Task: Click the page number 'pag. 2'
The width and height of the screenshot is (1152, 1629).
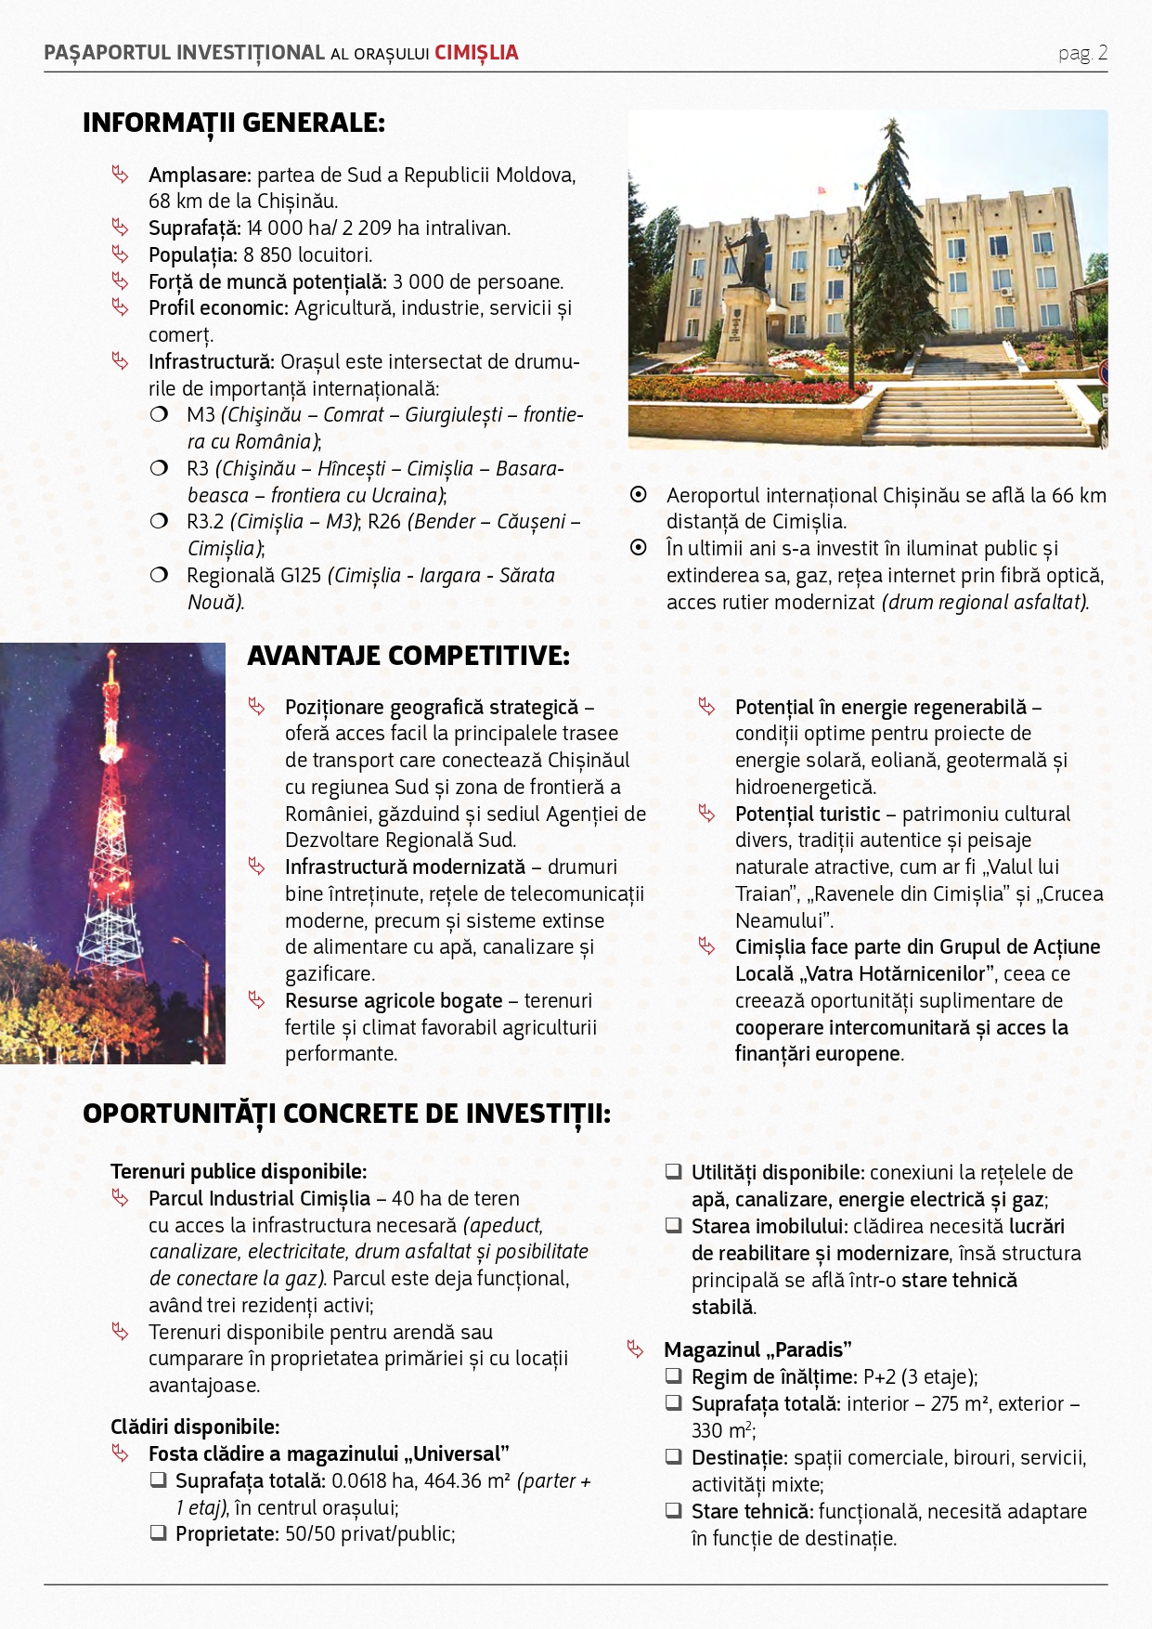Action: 1082,53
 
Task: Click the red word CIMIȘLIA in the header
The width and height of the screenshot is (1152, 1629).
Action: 476,53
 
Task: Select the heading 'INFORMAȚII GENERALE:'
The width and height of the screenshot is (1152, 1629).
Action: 233,123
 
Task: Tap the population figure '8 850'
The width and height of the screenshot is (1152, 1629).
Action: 267,254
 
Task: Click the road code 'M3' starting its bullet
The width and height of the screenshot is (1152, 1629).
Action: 201,415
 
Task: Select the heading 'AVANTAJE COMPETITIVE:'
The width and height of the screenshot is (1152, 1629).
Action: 408,656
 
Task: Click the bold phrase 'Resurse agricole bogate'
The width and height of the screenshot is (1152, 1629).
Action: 394,1001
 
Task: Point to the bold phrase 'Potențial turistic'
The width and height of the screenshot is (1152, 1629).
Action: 808,814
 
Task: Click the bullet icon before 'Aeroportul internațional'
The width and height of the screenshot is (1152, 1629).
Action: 639,495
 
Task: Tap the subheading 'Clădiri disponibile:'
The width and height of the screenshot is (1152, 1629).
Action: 195,1427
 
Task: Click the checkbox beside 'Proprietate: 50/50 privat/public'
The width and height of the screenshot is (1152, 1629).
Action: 159,1532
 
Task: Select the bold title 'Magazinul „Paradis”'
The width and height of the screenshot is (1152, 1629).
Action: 757,1349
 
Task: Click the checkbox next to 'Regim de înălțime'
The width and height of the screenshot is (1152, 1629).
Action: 674,1375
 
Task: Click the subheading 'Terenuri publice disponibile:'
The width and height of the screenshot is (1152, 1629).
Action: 239,1171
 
